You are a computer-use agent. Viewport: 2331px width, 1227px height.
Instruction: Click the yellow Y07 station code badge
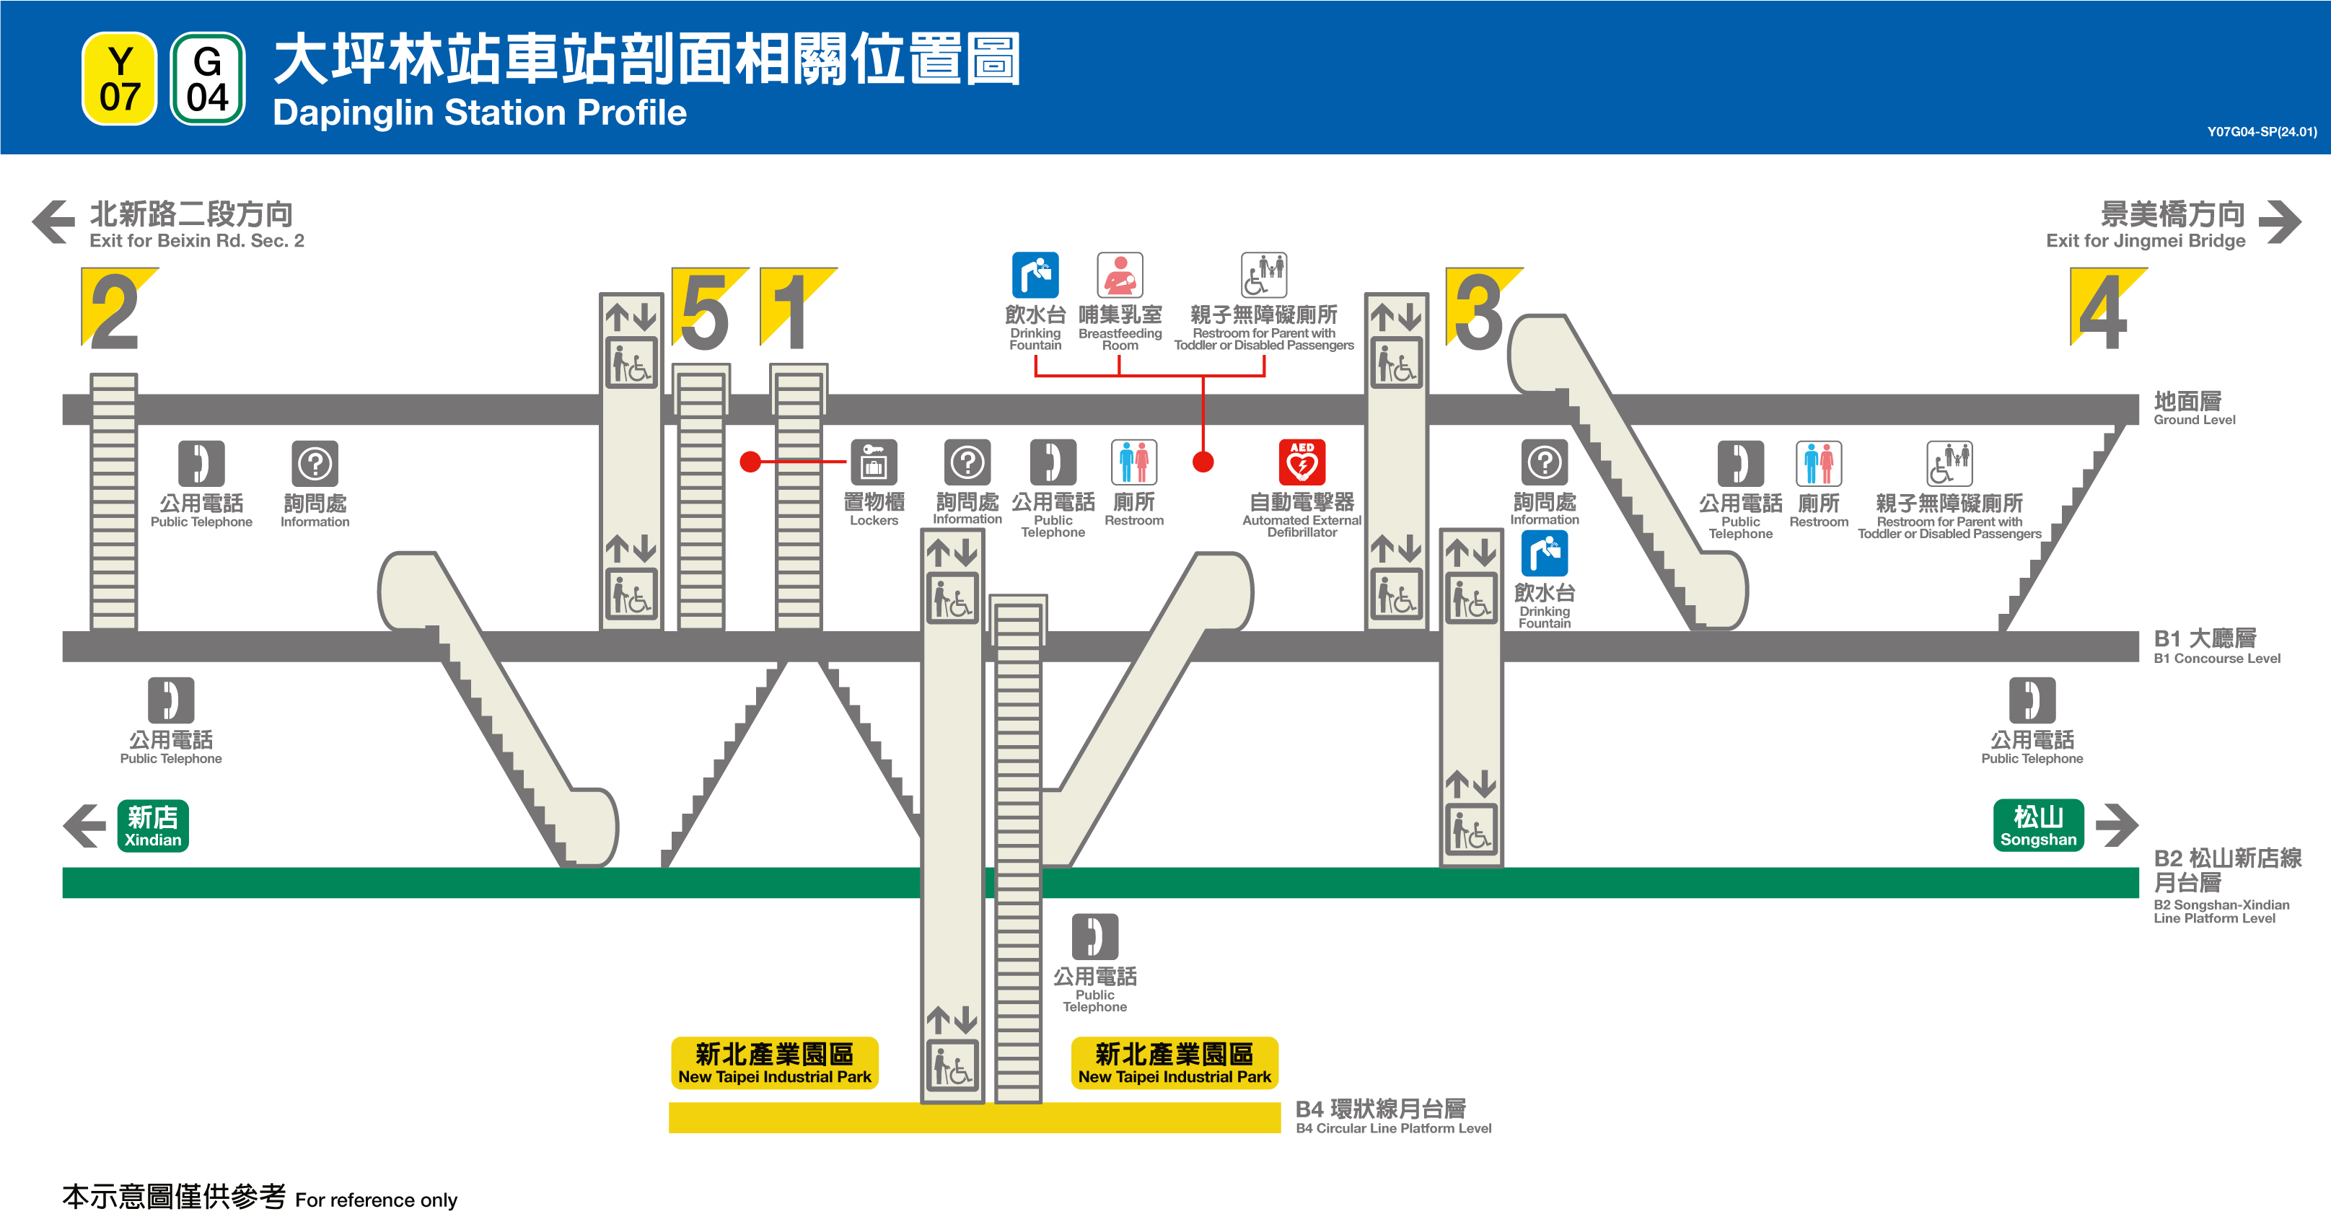(120, 79)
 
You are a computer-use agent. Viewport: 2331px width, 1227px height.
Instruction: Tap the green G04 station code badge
(207, 79)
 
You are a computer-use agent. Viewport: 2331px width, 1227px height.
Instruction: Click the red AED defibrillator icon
(1301, 462)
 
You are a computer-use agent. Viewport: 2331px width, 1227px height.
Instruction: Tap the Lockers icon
(873, 462)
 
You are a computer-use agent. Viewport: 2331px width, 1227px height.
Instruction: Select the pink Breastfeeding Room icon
(1120, 275)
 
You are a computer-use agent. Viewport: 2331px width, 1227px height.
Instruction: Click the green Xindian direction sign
(153, 825)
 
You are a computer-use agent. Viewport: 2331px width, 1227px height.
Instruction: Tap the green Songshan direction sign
(2038, 825)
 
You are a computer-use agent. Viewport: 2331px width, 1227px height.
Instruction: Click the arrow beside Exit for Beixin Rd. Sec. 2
(53, 221)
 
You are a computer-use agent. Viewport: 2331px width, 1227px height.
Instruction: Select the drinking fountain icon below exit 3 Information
(1544, 553)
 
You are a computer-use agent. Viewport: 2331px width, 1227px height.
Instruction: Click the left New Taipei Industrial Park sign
(775, 1063)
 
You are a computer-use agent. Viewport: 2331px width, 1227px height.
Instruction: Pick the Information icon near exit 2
(315, 463)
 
